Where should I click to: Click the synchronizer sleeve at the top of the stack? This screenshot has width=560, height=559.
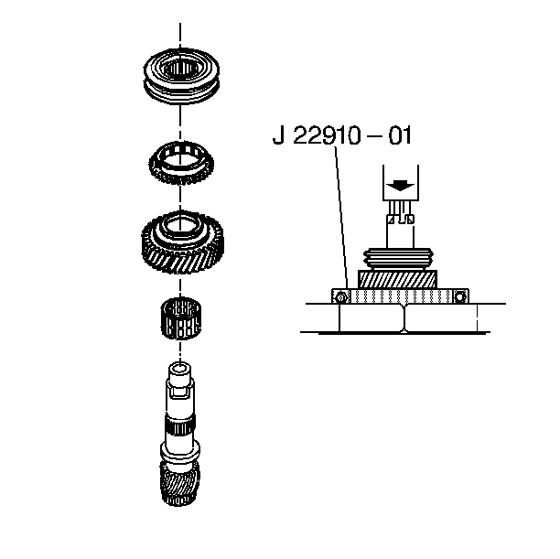tap(181, 91)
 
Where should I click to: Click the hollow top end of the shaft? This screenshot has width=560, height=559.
tap(179, 368)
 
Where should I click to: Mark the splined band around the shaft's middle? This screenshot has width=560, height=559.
tap(180, 425)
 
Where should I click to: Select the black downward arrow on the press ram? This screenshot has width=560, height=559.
tap(401, 186)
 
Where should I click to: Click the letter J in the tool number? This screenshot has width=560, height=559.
tap(278, 135)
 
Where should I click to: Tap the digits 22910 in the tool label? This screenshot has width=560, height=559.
tap(327, 135)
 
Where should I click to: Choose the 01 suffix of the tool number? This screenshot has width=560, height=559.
tap(400, 135)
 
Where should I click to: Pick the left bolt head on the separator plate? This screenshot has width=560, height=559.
tap(341, 296)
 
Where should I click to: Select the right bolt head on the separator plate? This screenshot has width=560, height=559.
tap(460, 296)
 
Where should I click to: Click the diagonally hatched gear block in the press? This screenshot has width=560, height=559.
tap(397, 279)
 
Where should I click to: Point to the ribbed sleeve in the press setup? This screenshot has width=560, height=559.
tap(398, 258)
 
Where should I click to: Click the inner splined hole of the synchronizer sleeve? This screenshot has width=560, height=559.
tap(180, 69)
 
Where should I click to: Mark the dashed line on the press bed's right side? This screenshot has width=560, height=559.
tap(477, 317)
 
